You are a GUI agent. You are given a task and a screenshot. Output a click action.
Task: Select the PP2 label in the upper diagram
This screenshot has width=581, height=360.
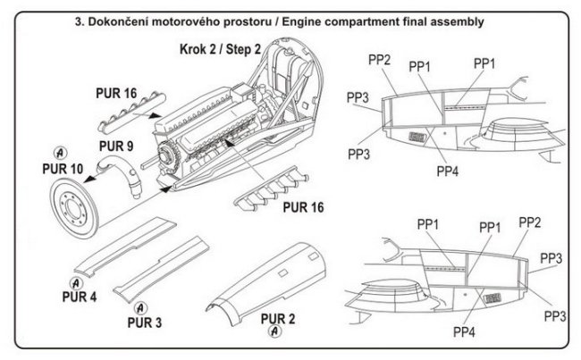[379, 59]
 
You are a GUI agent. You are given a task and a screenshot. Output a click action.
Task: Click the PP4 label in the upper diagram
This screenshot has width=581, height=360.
[448, 170]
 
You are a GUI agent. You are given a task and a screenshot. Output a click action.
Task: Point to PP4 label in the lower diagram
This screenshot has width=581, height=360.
[463, 331]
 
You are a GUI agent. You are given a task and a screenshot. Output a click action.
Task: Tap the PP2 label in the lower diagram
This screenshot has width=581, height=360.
[529, 222]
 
